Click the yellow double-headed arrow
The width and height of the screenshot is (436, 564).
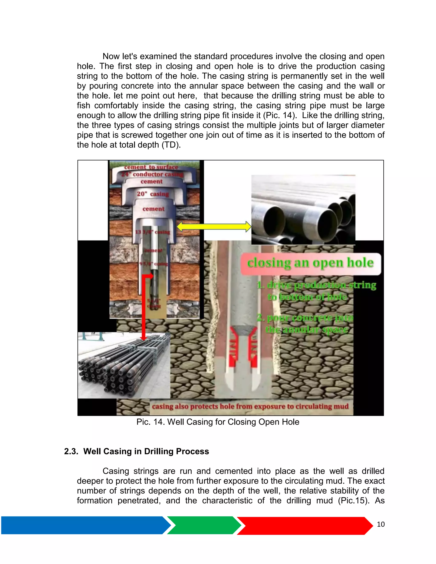click(214, 226)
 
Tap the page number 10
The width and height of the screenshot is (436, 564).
click(381, 524)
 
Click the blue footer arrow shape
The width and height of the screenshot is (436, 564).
click(83, 525)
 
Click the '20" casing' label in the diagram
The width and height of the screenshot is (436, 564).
click(153, 194)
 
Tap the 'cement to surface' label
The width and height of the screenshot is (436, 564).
click(151, 167)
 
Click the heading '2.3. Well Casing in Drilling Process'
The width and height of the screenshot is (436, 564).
click(136, 451)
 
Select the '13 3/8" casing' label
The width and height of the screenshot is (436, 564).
click(152, 232)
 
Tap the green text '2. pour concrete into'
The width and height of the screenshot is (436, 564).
click(305, 318)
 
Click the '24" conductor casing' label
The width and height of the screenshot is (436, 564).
click(152, 174)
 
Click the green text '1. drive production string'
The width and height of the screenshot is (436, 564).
click(316, 285)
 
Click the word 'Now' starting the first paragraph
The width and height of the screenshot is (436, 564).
click(111, 56)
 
